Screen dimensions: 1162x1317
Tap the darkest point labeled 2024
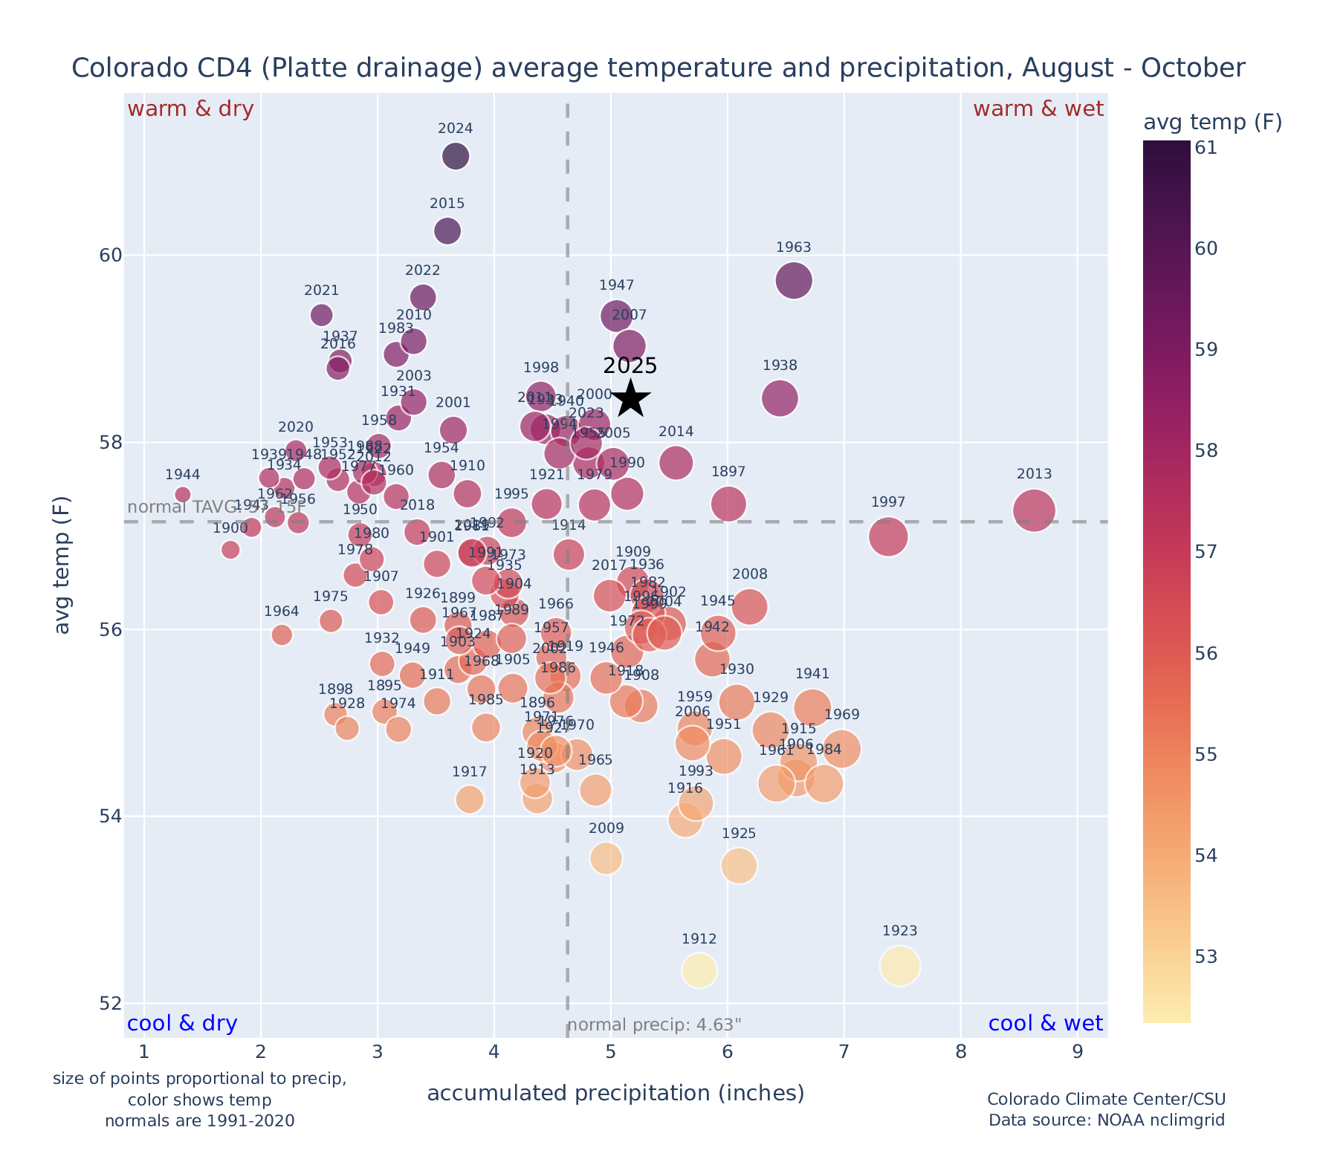[x=456, y=156]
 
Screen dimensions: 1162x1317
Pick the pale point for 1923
[x=900, y=966]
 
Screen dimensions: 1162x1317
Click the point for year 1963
[x=794, y=280]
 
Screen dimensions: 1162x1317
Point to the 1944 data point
[x=183, y=495]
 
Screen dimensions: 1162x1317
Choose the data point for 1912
[x=699, y=970]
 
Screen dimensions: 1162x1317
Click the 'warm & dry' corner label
[x=191, y=109]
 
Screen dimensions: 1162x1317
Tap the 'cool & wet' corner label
[x=1045, y=1024]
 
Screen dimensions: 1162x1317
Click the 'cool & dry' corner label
[x=183, y=1024]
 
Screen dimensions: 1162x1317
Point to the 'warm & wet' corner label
[x=1038, y=109]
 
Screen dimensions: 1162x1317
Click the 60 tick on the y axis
[x=109, y=256]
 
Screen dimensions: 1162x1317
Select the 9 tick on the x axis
[x=1078, y=1053]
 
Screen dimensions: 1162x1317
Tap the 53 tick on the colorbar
[x=1206, y=956]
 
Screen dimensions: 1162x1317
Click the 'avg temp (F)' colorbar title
[x=1212, y=123]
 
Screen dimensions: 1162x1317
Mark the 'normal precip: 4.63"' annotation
[x=655, y=1026]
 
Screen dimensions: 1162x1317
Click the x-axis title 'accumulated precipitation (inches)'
[x=615, y=1094]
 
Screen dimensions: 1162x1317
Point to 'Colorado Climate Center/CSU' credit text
[x=1106, y=1100]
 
